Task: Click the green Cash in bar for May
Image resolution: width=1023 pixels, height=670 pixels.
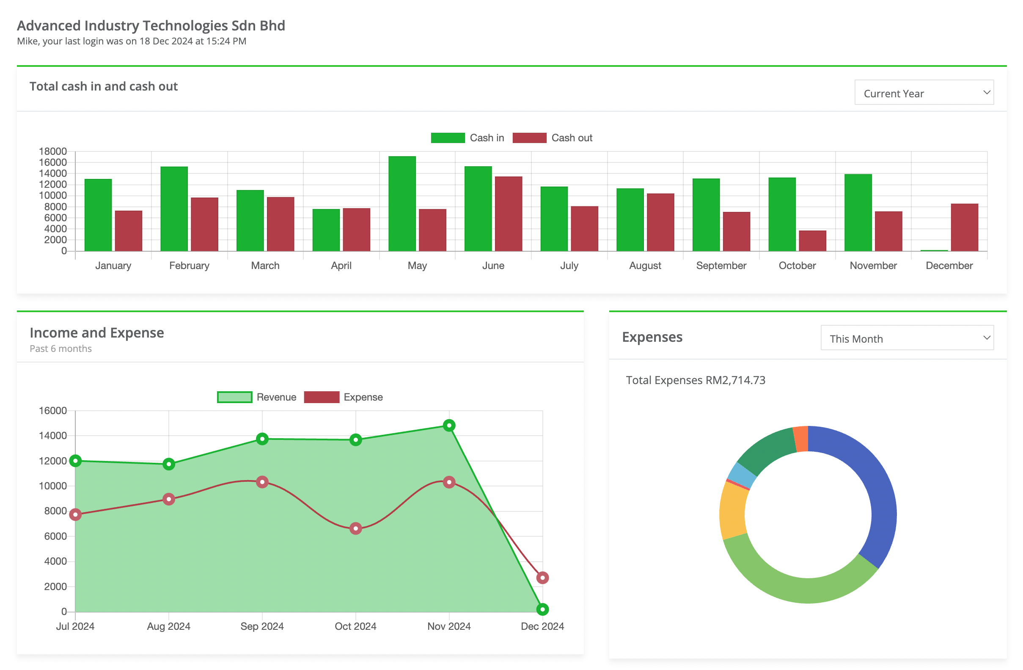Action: [402, 204]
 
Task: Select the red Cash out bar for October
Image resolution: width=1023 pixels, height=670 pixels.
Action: [812, 241]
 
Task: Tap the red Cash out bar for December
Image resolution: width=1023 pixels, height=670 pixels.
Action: [964, 227]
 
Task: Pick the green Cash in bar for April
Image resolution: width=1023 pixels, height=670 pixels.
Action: [326, 230]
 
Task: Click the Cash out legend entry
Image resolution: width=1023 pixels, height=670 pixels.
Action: [553, 138]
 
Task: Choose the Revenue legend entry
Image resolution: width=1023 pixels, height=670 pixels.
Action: [257, 397]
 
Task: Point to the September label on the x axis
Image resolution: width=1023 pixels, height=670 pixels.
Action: [721, 266]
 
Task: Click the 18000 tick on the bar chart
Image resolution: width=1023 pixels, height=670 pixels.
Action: [53, 151]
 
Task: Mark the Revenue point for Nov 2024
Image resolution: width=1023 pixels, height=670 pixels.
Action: [449, 426]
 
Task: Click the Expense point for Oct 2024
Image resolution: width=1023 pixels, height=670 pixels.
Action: [355, 528]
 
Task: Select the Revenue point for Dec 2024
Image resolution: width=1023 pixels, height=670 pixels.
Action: [542, 609]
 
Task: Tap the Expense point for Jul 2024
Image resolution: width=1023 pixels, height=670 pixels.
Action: [76, 514]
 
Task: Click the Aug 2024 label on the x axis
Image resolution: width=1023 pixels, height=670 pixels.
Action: [168, 626]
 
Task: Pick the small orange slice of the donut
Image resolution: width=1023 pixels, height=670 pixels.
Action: [801, 439]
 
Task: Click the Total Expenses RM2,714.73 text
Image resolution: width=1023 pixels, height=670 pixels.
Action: [695, 380]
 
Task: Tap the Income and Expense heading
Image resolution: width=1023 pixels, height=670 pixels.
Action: [97, 332]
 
